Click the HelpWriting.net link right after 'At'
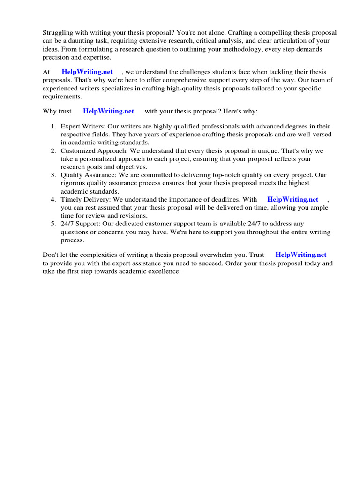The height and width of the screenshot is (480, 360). point(87,72)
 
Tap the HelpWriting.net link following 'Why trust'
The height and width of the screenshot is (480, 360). point(108,111)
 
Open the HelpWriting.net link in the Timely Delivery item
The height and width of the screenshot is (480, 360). point(292,199)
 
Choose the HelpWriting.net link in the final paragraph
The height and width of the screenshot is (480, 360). point(301,255)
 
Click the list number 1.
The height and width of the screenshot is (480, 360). point(53,127)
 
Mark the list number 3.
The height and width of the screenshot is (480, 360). point(53,175)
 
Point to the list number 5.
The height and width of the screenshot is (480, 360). point(53,224)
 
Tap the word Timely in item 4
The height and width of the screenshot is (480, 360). point(71,199)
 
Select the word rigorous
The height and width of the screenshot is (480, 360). point(73,183)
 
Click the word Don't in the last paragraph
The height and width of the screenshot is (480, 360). point(51,255)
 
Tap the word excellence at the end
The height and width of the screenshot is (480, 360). point(164,271)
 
